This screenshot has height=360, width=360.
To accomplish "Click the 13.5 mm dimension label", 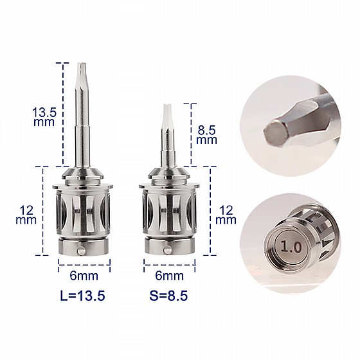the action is pyautogui.click(x=44, y=117).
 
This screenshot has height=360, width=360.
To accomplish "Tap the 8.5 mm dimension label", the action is pyautogui.click(x=206, y=135).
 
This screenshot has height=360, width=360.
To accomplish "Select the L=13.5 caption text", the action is pyautogui.click(x=82, y=296).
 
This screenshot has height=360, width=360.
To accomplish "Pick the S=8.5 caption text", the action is pyautogui.click(x=168, y=296).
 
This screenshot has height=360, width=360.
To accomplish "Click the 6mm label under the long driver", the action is pyautogui.click(x=84, y=276).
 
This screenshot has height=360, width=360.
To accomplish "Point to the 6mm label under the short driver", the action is pyautogui.click(x=170, y=276).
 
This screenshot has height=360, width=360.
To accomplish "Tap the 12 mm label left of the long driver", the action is pyautogui.click(x=26, y=215).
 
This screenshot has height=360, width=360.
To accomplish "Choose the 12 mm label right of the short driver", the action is pyautogui.click(x=226, y=215).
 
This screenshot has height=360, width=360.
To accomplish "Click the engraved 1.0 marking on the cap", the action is pyautogui.click(x=291, y=247).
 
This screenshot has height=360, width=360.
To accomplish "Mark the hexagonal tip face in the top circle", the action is pyautogui.click(x=275, y=132).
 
